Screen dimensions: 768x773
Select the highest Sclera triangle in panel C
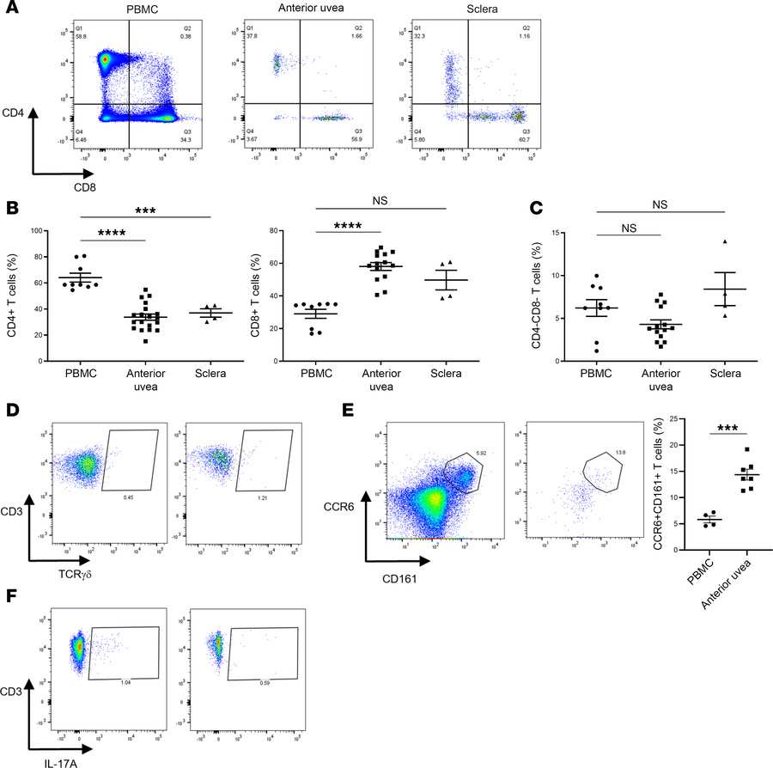(x=727, y=241)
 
